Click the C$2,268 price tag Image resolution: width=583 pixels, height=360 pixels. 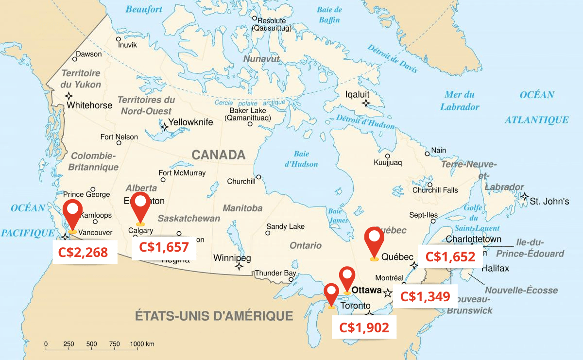[x=85, y=252]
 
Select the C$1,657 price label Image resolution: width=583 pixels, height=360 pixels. [x=164, y=247]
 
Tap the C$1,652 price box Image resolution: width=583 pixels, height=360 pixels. [x=450, y=256]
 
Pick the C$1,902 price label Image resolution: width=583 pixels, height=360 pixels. [x=364, y=327]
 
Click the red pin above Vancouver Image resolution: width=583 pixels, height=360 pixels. [x=73, y=213]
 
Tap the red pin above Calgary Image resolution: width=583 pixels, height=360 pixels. [x=140, y=206]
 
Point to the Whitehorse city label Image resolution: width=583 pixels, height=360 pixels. [x=89, y=105]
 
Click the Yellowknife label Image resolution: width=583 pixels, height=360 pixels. [x=190, y=122]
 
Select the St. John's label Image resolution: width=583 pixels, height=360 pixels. [x=549, y=201]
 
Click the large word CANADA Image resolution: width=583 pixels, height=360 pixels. [x=218, y=155]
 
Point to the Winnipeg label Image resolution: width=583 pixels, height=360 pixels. [x=232, y=257]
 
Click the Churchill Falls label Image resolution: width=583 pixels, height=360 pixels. [x=435, y=190]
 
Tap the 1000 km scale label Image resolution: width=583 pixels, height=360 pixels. [x=142, y=344]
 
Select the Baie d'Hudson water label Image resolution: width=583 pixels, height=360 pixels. [x=301, y=159]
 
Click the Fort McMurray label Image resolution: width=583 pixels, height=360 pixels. [x=182, y=173]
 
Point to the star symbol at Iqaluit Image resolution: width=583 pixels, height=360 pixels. [x=366, y=103]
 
